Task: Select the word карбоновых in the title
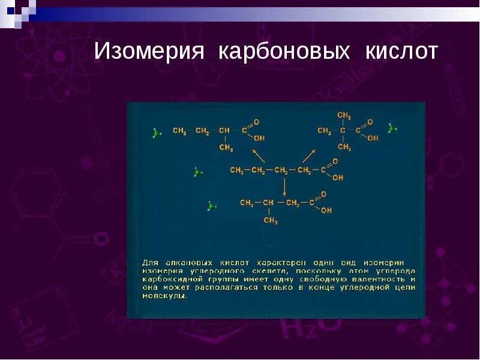pos(285,52)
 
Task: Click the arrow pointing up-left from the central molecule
pos(259,155)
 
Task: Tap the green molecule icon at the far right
pos(392,128)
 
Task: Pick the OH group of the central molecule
pos(338,178)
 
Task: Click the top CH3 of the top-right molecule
pos(344,115)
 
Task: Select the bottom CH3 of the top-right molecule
pos(344,146)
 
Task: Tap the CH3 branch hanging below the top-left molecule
pos(226,148)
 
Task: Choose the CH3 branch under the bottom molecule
pos(271,220)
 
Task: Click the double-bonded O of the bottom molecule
pos(324,194)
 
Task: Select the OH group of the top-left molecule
pos(259,138)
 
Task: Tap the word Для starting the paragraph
pos(149,263)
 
